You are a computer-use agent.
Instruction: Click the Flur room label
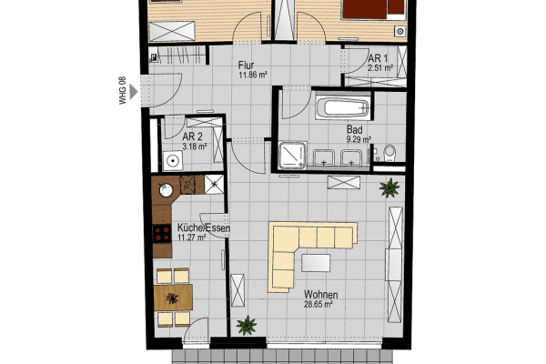click(x=246, y=66)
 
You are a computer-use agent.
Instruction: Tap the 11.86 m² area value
click(x=251, y=75)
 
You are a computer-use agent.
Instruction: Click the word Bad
click(x=354, y=130)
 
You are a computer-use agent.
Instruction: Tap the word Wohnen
click(x=322, y=296)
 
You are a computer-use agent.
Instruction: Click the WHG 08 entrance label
click(x=123, y=91)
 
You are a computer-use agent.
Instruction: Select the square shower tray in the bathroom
click(x=293, y=157)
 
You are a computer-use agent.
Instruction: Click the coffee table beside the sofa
click(x=317, y=263)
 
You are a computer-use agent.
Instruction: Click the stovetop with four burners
click(x=163, y=238)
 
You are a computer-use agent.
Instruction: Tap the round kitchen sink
click(x=166, y=192)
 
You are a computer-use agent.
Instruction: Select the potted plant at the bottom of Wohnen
click(x=246, y=325)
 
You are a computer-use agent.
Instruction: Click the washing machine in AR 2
click(x=174, y=160)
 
